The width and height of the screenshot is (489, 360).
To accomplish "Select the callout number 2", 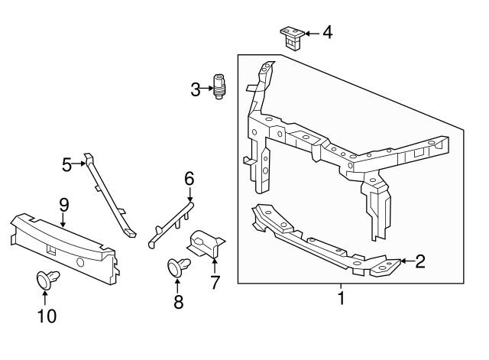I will click(x=419, y=262).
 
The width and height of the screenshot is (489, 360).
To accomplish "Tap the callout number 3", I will click(x=196, y=90).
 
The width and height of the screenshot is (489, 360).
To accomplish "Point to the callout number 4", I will click(x=327, y=33).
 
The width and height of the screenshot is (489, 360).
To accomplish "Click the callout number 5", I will click(x=67, y=164).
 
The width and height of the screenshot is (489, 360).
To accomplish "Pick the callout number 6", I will click(x=189, y=178).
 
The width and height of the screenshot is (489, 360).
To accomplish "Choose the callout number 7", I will click(x=215, y=282).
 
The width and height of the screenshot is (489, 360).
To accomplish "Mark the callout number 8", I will click(x=179, y=302).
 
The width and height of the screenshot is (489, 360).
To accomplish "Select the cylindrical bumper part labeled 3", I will click(x=219, y=86).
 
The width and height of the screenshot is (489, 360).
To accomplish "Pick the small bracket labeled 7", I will click(x=206, y=243).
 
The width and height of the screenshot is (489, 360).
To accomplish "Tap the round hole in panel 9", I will click(x=80, y=261).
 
